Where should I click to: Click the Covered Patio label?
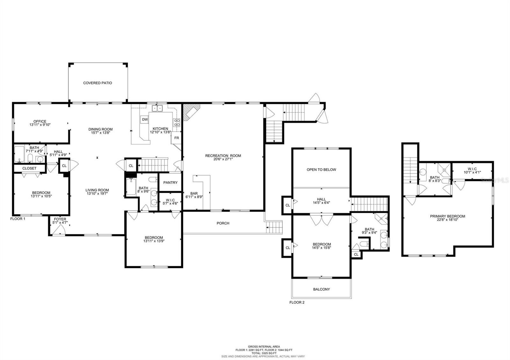(98, 83)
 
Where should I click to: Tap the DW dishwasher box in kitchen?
(145, 119)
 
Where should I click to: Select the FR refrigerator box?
(176, 138)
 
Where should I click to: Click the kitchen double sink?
(157, 108)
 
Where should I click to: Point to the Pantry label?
(170, 183)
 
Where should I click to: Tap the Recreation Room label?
(223, 156)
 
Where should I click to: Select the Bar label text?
(194, 193)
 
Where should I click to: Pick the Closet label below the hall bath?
(29, 168)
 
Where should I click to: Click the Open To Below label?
(321, 169)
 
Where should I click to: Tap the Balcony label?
(321, 289)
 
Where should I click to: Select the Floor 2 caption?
(297, 302)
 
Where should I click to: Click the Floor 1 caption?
(18, 219)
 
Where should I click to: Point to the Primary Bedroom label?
(447, 216)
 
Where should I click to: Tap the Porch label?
(223, 223)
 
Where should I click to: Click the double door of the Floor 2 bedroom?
(321, 220)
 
